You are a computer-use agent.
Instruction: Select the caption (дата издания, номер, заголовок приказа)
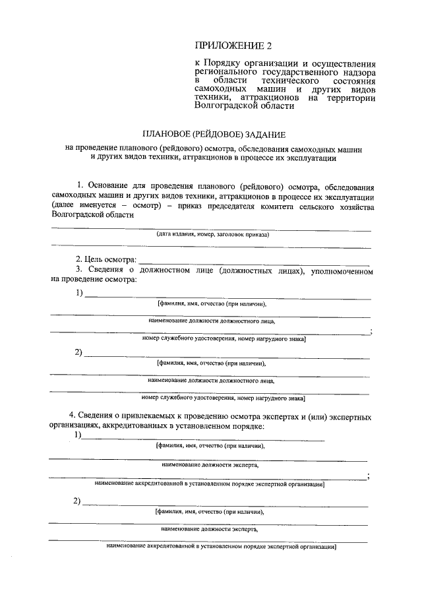click(213, 234)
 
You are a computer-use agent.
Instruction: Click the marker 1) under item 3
click(79, 293)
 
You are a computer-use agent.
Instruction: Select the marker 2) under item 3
click(79, 352)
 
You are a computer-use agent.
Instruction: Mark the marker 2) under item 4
click(78, 501)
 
